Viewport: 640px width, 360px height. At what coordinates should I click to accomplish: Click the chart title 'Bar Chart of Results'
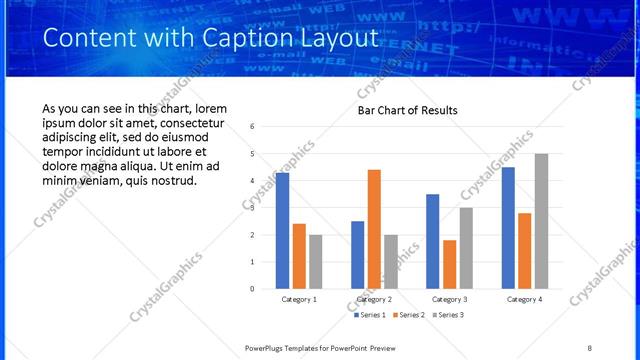pyautogui.click(x=408, y=110)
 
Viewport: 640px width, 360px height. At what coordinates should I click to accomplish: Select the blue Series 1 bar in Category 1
pyautogui.click(x=282, y=230)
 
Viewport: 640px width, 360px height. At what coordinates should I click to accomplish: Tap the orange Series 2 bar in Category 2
pyautogui.click(x=374, y=229)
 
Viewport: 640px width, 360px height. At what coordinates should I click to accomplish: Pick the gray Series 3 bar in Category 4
pyautogui.click(x=541, y=221)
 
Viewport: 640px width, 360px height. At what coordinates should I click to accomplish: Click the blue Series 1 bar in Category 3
pyautogui.click(x=432, y=241)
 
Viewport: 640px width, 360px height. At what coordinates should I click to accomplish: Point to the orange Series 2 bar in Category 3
pyautogui.click(x=449, y=264)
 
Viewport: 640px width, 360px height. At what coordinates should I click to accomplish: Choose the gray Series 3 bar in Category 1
pyautogui.click(x=316, y=261)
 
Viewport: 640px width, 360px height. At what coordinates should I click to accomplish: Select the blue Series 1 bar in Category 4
pyautogui.click(x=508, y=227)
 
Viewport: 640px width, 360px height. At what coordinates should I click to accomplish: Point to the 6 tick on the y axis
pyautogui.click(x=252, y=127)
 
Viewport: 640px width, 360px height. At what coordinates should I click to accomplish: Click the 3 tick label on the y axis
pyautogui.click(x=252, y=208)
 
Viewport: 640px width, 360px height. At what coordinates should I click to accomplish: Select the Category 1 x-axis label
pyautogui.click(x=299, y=299)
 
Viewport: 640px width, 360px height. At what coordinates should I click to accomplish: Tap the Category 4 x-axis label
pyautogui.click(x=524, y=299)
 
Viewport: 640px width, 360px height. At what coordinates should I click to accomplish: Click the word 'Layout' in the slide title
pyautogui.click(x=336, y=38)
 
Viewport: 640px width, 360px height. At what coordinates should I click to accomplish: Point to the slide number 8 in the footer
pyautogui.click(x=589, y=347)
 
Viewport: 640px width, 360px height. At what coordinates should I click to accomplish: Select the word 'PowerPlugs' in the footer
pyautogui.click(x=270, y=347)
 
